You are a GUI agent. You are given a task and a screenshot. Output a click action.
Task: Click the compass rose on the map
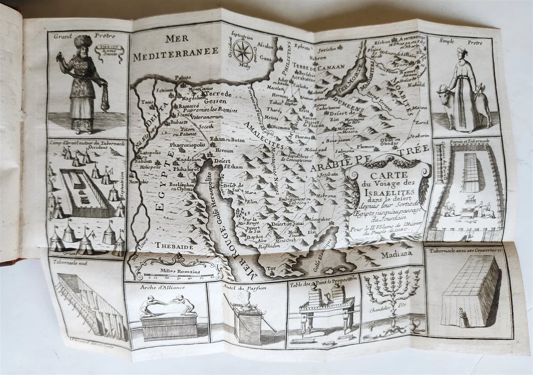pyautogui.click(x=243, y=50)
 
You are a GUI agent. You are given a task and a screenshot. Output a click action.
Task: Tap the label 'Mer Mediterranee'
pyautogui.click(x=176, y=49)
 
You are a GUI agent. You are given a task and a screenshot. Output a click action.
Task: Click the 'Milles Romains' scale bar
pyautogui.click(x=179, y=276)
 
